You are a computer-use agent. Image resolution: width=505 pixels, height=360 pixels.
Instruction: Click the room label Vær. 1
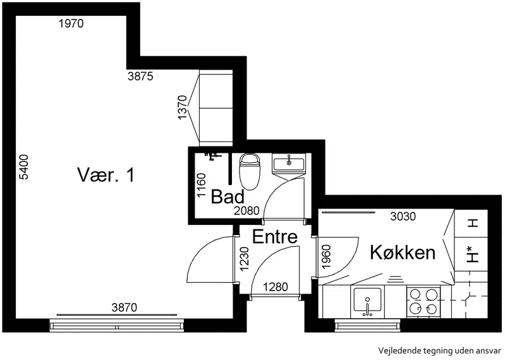(106, 175)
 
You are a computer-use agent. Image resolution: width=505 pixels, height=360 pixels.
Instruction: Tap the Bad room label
(228, 196)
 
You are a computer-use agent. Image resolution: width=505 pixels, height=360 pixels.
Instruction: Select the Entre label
(275, 236)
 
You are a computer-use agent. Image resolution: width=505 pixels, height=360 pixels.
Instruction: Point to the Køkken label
(403, 252)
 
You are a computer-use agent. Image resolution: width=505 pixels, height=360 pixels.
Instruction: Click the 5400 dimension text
(24, 167)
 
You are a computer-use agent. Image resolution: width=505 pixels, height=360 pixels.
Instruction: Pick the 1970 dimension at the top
(71, 23)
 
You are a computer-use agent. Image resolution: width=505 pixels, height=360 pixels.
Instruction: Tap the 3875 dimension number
(140, 76)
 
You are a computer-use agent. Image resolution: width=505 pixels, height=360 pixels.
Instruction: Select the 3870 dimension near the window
(125, 308)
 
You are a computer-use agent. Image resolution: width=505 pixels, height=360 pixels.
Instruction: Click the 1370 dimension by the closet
(182, 107)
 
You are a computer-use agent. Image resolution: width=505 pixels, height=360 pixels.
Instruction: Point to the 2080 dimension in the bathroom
(246, 211)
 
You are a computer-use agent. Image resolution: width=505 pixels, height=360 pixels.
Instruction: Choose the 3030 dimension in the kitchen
(403, 217)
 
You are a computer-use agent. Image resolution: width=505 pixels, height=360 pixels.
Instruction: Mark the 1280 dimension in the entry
(276, 287)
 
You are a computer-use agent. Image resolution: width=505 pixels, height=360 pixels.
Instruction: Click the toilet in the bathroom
(250, 171)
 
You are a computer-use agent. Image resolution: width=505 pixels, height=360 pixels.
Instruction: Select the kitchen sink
(367, 301)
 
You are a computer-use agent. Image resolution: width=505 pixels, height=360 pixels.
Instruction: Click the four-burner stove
(423, 301)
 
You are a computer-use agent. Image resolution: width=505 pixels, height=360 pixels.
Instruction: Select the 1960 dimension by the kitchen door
(326, 256)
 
